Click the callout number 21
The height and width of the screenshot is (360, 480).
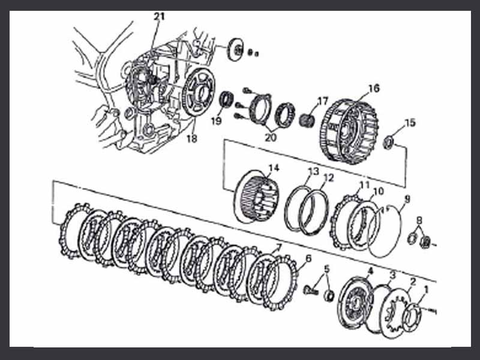point(159,17)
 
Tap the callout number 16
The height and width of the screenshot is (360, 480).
point(374,88)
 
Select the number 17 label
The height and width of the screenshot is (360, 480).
point(323,101)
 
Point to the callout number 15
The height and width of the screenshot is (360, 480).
point(410,123)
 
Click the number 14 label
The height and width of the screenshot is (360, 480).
point(274,168)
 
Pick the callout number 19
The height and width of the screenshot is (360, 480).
point(216,121)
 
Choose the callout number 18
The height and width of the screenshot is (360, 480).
point(192,139)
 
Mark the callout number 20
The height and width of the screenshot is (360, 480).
point(271,137)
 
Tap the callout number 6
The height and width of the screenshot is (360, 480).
point(308,259)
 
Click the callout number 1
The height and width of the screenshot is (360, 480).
point(426,289)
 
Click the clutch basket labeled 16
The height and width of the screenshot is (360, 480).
point(349,131)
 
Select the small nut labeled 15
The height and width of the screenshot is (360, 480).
point(388,143)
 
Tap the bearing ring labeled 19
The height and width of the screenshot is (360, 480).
point(227,99)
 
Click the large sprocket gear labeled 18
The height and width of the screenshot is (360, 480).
point(199,92)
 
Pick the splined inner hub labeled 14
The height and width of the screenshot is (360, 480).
point(257,197)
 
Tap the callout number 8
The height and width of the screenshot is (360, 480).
point(419,220)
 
